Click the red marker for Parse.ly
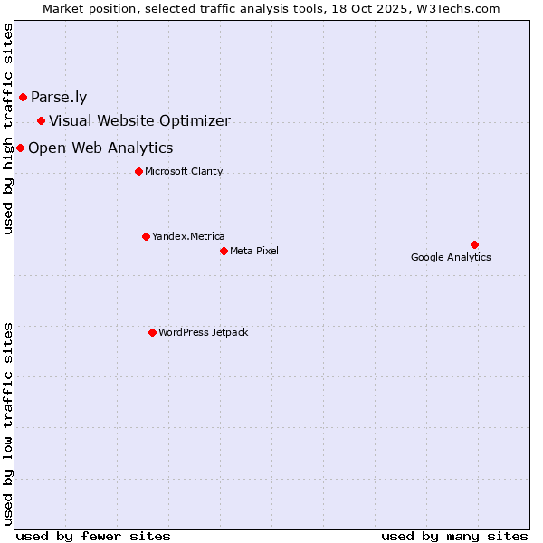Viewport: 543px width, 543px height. pyautogui.click(x=23, y=97)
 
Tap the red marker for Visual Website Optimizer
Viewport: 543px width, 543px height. pyautogui.click(x=41, y=120)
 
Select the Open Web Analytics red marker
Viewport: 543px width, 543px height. pyautogui.click(x=20, y=148)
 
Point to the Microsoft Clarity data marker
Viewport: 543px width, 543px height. pyautogui.click(x=138, y=171)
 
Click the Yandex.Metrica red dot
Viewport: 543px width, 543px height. pyautogui.click(x=146, y=236)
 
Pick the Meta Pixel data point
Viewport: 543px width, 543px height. pyautogui.click(x=224, y=251)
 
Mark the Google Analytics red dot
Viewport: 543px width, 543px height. pyautogui.click(x=474, y=244)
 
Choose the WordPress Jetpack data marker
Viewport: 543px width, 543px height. pyautogui.click(x=152, y=332)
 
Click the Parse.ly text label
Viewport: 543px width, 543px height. pyautogui.click(x=59, y=98)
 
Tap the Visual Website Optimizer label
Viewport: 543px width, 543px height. pyautogui.click(x=139, y=121)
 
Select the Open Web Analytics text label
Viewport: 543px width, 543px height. pyautogui.click(x=100, y=148)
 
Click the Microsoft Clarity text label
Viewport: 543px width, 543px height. pyautogui.click(x=184, y=172)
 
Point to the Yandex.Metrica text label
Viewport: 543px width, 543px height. pyautogui.click(x=188, y=237)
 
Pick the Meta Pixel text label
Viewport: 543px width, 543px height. pyautogui.click(x=254, y=252)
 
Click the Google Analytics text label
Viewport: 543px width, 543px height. pyautogui.click(x=451, y=258)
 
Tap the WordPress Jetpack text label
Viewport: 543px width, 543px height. pyautogui.click(x=203, y=333)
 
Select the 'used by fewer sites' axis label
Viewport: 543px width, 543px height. pyautogui.click(x=93, y=536)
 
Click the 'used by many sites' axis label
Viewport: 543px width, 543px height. pyautogui.click(x=454, y=536)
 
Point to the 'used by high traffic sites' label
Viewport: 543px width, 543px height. pyautogui.click(x=9, y=129)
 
